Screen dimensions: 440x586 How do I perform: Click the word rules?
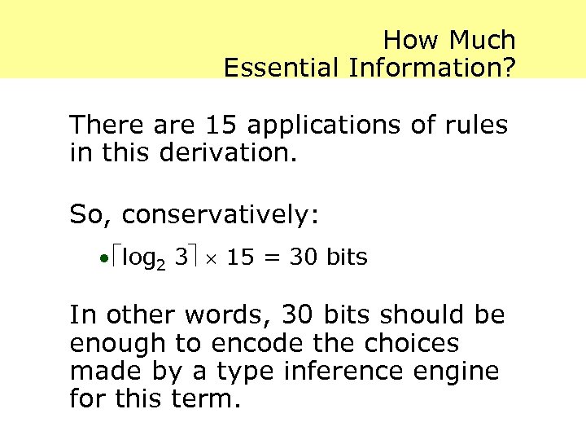tap(474, 125)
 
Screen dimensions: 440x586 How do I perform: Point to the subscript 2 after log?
tap(161, 262)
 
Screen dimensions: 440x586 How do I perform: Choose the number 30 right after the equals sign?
tap(304, 257)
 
